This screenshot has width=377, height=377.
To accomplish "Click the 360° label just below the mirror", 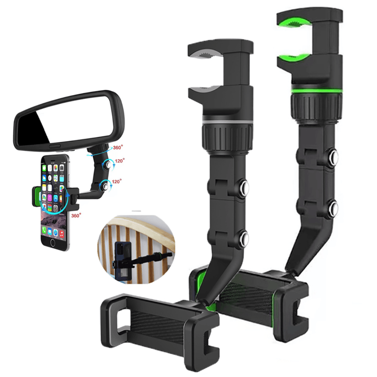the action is pos(118,147).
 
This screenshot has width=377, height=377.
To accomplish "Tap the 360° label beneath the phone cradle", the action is pos(76,215).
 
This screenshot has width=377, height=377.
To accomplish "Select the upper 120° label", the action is pos(120,161).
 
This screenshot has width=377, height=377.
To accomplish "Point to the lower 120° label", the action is pos(117,181).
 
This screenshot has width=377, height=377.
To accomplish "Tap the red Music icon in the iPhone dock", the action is pos(61,233).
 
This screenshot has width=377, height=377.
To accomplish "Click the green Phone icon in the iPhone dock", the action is pos(44,230).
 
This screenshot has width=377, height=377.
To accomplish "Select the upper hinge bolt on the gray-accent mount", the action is pos(244,187).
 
